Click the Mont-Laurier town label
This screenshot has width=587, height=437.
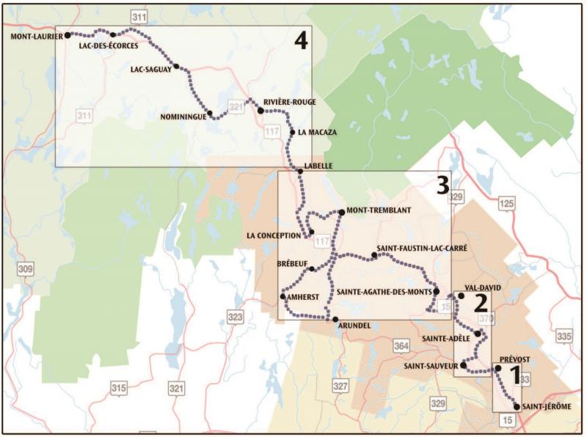[35, 34]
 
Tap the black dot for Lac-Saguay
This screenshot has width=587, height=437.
[176, 66]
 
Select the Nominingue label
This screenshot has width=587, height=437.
[181, 116]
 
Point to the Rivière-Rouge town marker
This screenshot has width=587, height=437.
[260, 111]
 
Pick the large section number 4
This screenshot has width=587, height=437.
[299, 43]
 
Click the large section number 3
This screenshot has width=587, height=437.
[442, 186]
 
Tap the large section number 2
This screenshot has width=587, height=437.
[481, 301]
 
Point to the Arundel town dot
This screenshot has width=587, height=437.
[335, 320]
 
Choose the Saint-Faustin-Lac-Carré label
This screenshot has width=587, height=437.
[422, 249]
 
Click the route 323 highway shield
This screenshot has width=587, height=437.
[236, 317]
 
